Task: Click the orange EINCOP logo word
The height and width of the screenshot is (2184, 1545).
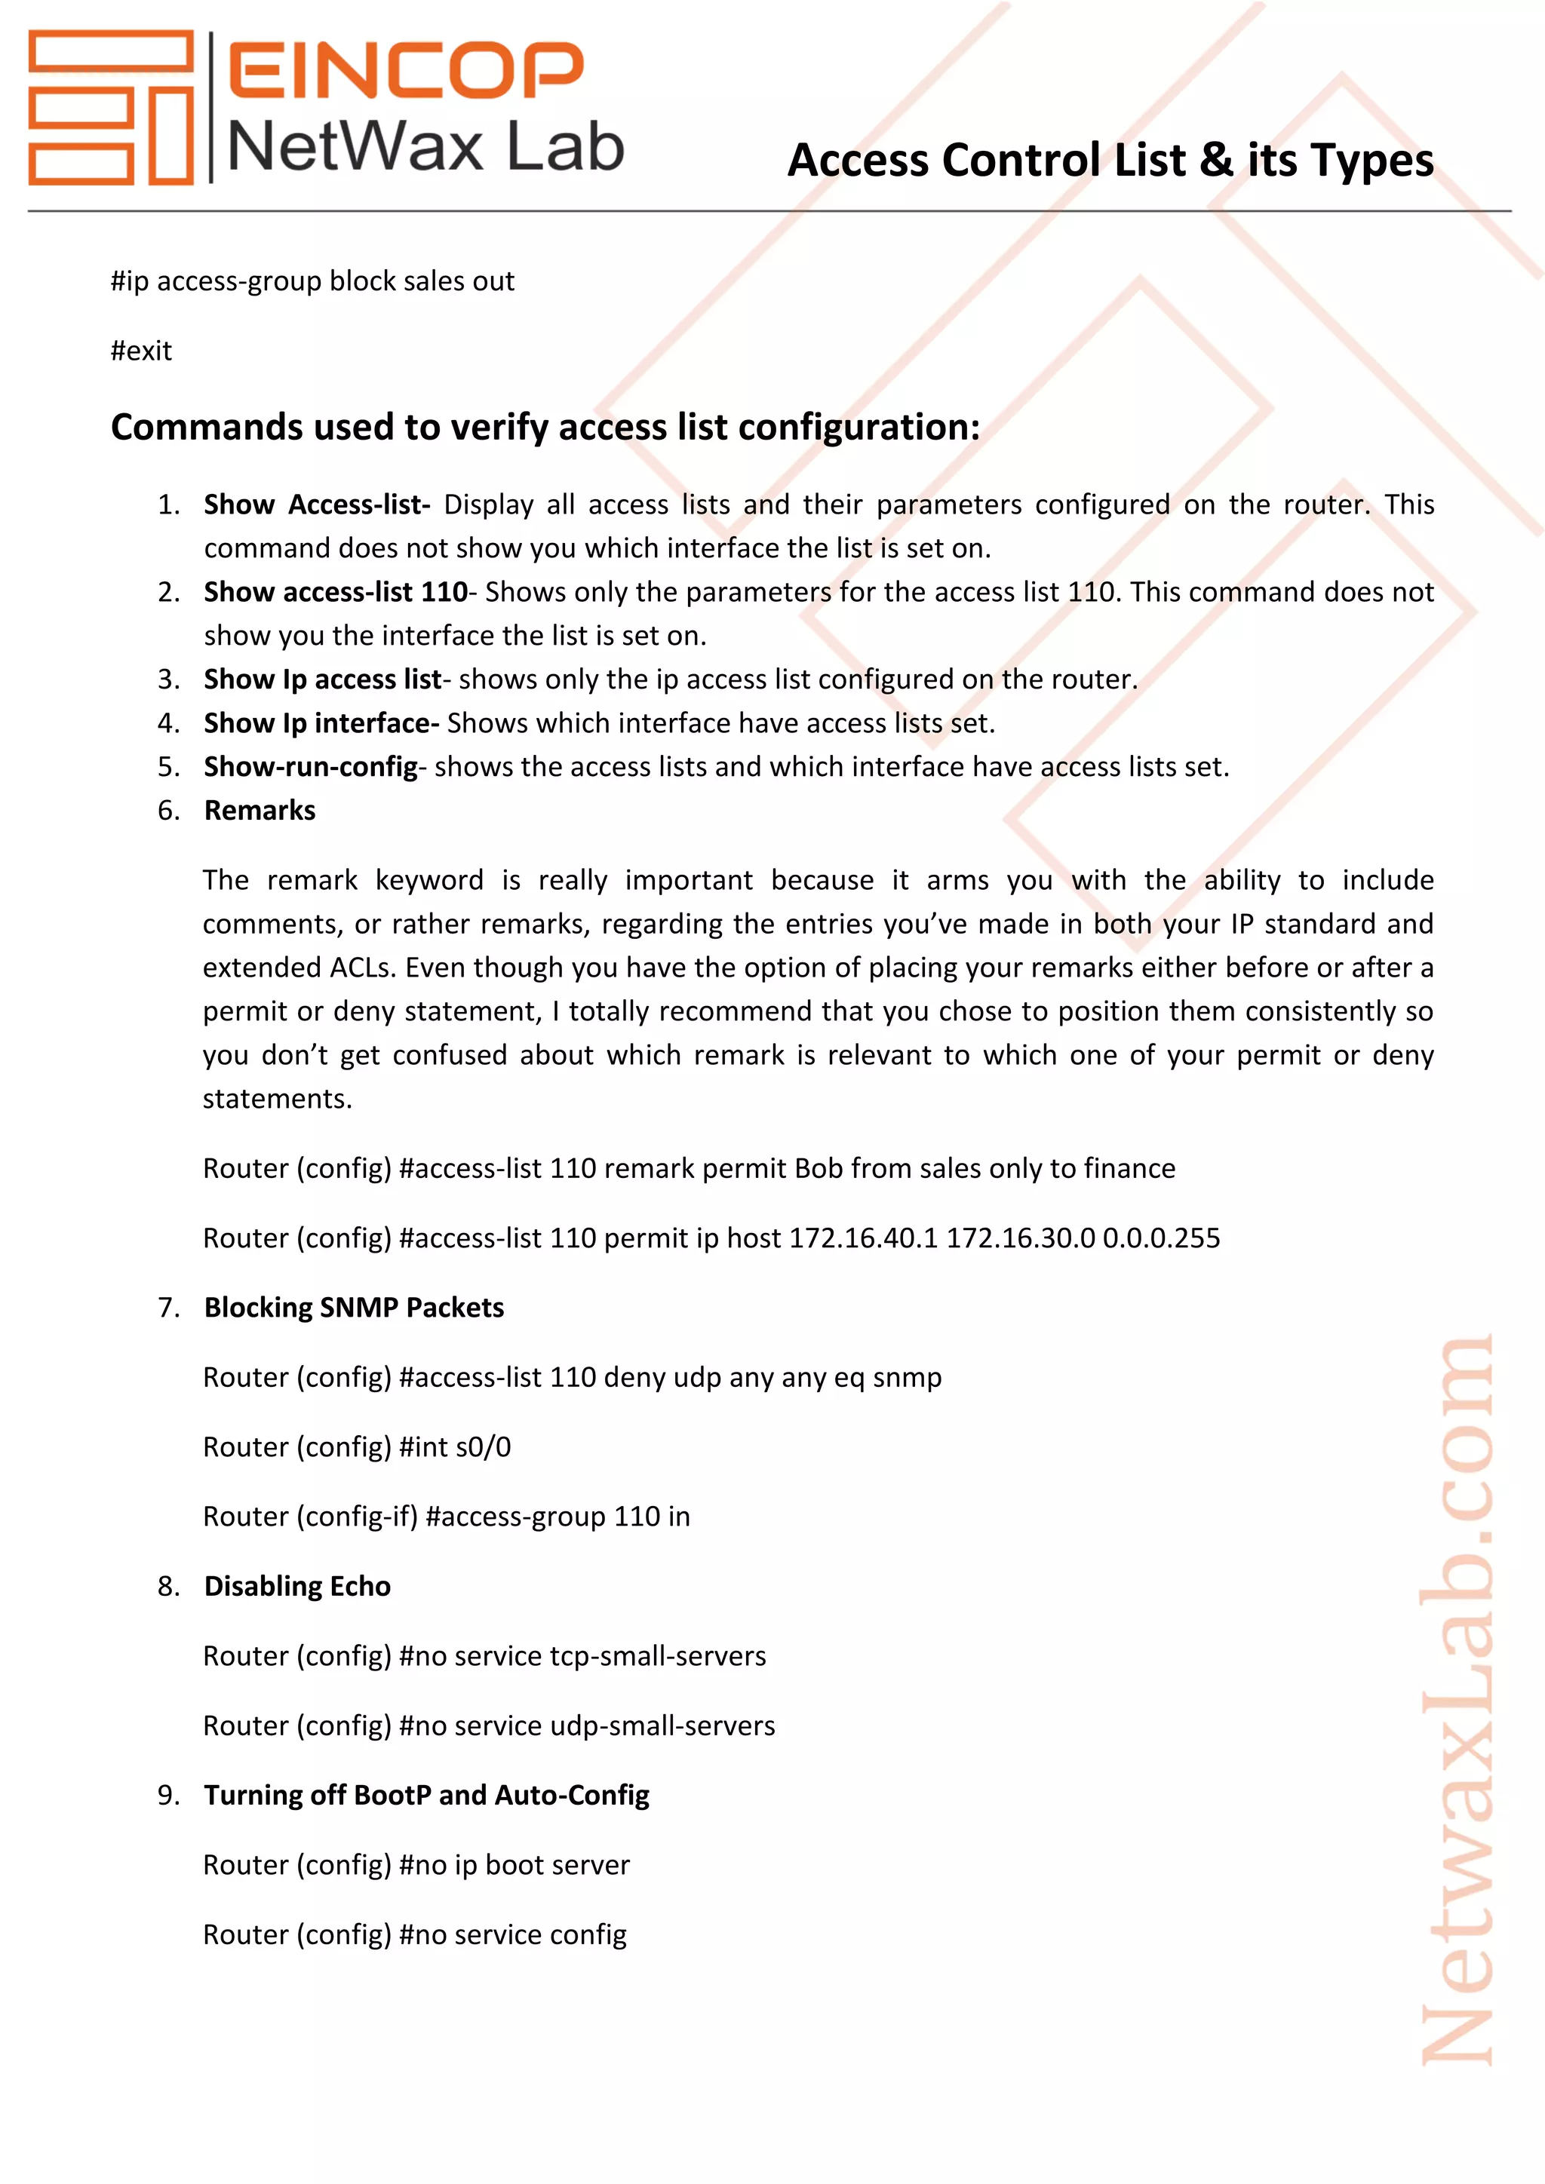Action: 405,69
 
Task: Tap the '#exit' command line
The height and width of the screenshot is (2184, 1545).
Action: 141,351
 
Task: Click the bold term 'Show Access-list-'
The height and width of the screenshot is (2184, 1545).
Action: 316,505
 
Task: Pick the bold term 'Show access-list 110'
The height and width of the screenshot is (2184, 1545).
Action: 335,592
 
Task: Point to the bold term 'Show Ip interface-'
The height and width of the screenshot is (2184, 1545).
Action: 321,723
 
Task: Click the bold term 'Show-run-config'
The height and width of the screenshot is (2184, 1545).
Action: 310,767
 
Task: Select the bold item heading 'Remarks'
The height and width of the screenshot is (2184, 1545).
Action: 259,811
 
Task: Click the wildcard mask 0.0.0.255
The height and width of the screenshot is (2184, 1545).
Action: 1161,1238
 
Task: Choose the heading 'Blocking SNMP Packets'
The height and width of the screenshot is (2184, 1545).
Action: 353,1308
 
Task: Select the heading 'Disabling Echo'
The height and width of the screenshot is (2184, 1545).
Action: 296,1587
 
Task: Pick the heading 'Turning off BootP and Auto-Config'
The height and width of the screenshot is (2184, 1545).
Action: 426,1795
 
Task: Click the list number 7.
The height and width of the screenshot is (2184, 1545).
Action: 168,1308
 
